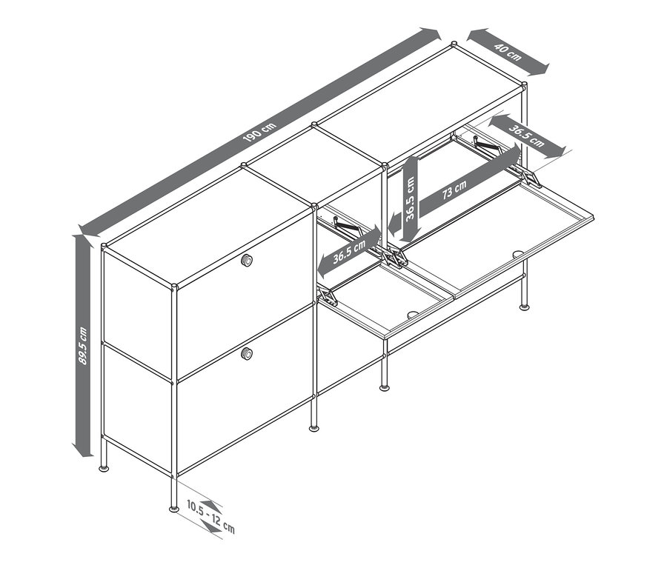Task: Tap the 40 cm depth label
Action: [508, 52]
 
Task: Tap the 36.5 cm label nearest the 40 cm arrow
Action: [526, 135]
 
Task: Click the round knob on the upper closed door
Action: [246, 260]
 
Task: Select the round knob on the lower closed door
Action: [246, 354]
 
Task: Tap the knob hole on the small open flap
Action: [412, 314]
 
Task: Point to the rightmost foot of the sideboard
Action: [525, 306]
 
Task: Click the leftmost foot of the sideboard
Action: [104, 468]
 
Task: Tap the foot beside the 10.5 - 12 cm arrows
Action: [174, 508]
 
